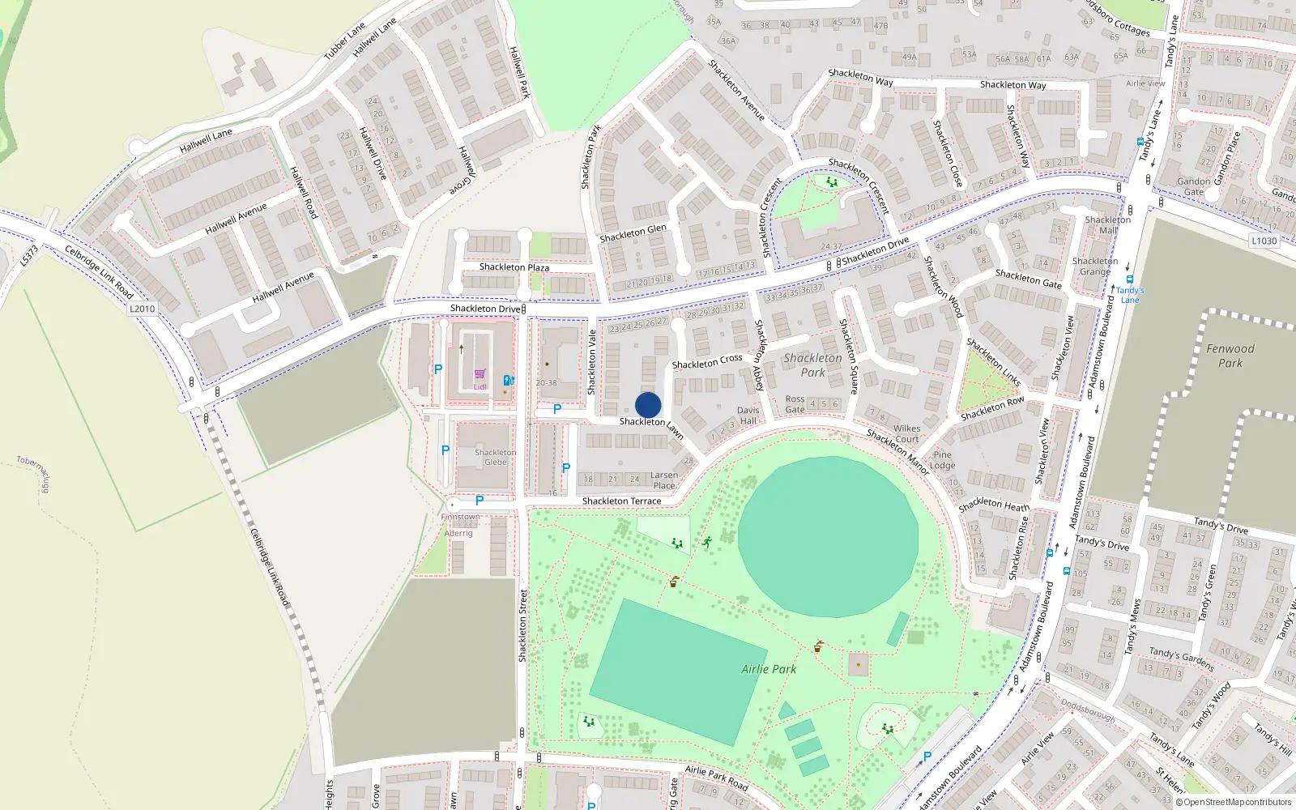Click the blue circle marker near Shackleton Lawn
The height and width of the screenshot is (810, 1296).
click(648, 405)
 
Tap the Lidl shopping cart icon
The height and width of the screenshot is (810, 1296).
click(480, 374)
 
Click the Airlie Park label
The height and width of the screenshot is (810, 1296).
click(769, 669)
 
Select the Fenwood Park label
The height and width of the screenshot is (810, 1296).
click(1230, 356)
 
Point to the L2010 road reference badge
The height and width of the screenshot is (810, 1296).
click(142, 309)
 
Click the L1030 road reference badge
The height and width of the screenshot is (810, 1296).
click(1264, 241)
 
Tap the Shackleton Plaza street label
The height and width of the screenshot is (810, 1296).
click(514, 267)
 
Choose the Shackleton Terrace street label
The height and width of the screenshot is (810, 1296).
click(621, 501)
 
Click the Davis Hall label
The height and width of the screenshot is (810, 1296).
click(748, 416)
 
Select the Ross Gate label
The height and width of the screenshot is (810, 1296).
click(795, 404)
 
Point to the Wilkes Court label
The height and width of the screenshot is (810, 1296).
click(906, 433)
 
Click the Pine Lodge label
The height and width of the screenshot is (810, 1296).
click(942, 460)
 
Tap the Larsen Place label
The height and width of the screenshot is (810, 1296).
click(663, 480)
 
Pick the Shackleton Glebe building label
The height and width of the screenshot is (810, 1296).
click(495, 457)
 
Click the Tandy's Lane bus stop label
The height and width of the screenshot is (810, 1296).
click(1130, 295)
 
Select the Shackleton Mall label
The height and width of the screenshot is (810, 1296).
click(1107, 225)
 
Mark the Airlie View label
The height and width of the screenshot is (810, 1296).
click(1145, 83)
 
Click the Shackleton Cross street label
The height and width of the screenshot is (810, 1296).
click(706, 361)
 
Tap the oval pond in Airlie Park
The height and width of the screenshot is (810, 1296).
click(828, 535)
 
